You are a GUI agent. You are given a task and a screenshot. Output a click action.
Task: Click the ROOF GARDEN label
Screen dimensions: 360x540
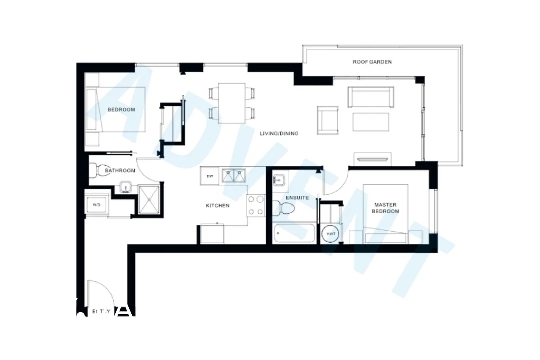pyautogui.click(x=372, y=62)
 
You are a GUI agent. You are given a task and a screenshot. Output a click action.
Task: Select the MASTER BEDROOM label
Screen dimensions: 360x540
pyautogui.click(x=387, y=208)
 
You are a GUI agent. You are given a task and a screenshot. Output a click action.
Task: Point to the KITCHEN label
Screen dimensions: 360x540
pyautogui.click(x=218, y=206)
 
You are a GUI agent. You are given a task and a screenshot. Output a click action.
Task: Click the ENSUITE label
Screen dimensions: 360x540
pyautogui.click(x=297, y=198)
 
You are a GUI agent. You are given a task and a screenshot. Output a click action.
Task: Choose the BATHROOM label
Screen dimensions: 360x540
pyautogui.click(x=120, y=171)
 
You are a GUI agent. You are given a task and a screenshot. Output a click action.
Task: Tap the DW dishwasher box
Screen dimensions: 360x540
pyautogui.click(x=210, y=176)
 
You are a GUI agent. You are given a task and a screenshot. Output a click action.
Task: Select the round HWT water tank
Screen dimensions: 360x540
pyautogui.click(x=331, y=234)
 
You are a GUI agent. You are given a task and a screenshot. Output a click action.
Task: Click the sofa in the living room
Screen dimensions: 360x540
pyautogui.click(x=371, y=96)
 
